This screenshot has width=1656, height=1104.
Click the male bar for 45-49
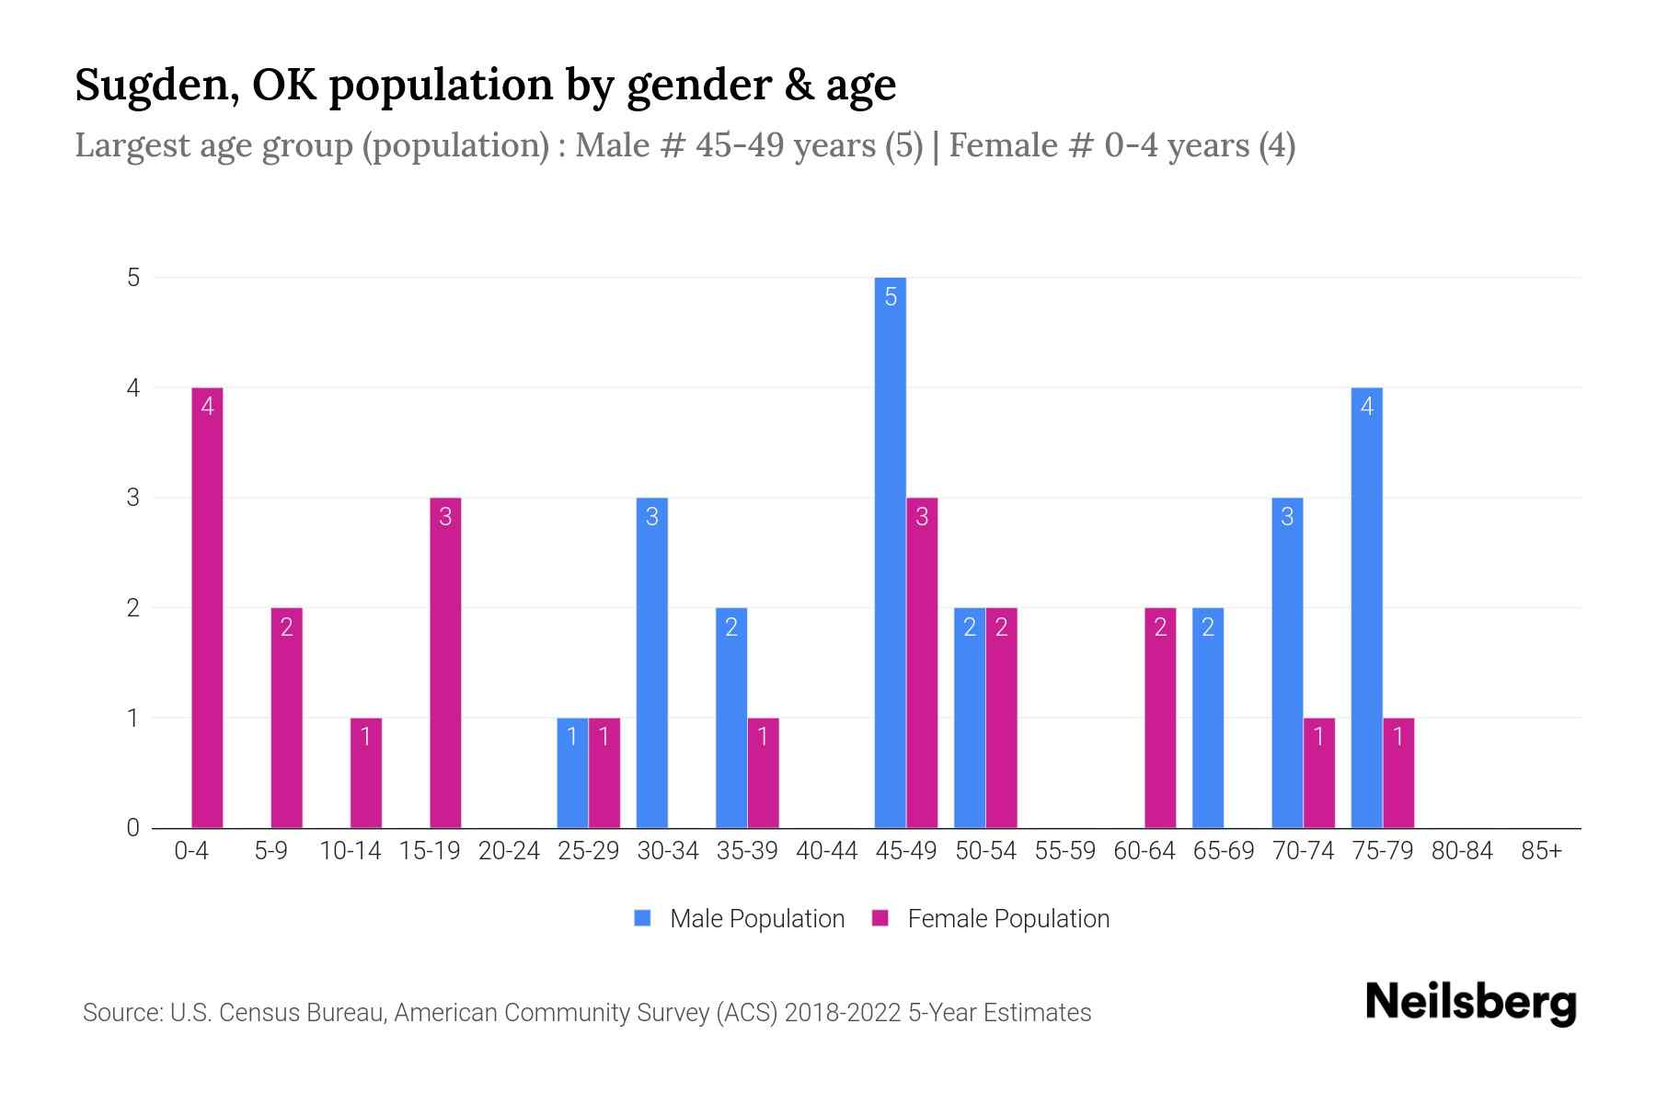(890, 552)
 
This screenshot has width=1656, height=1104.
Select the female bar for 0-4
(207, 607)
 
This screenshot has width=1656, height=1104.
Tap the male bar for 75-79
(1366, 607)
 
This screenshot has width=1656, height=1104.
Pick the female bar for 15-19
(445, 662)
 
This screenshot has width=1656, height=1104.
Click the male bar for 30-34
(651, 662)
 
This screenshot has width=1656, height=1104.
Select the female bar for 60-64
(1160, 718)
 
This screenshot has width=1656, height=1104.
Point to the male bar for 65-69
(1207, 718)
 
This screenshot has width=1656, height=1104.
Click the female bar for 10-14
(365, 773)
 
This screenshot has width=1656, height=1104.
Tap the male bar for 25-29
(572, 773)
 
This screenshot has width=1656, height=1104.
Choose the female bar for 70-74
(1318, 773)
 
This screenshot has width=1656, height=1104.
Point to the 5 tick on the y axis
(134, 277)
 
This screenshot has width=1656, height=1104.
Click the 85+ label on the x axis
(1541, 851)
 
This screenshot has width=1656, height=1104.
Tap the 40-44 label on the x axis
(826, 851)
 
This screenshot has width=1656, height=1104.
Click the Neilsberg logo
(1470, 1002)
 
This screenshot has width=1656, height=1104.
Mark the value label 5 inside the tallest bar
(890, 296)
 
